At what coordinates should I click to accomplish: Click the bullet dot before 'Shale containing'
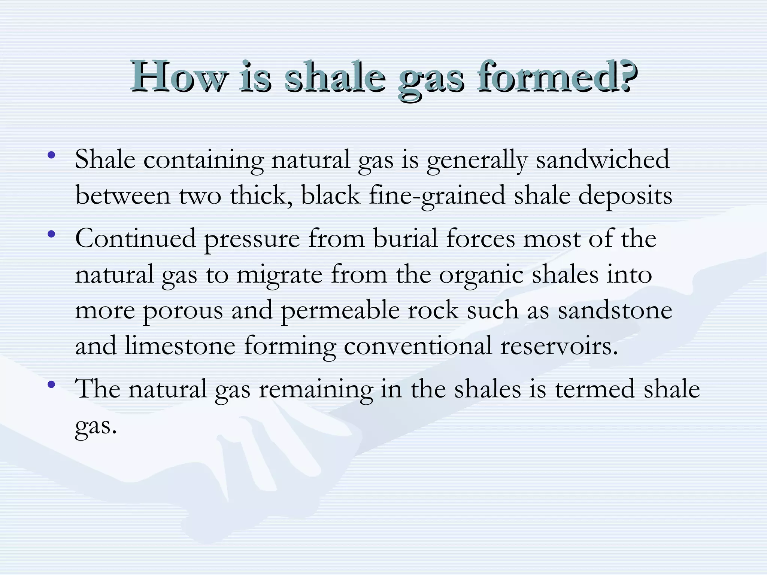pyautogui.click(x=52, y=155)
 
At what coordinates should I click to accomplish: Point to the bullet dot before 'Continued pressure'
pyautogui.click(x=52, y=235)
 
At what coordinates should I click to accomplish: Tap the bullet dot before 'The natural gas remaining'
pyautogui.click(x=52, y=384)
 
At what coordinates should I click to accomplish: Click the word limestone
pyautogui.click(x=180, y=346)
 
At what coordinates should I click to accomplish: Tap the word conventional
pyautogui.click(x=418, y=346)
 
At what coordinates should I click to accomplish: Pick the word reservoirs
pyautogui.click(x=558, y=346)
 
